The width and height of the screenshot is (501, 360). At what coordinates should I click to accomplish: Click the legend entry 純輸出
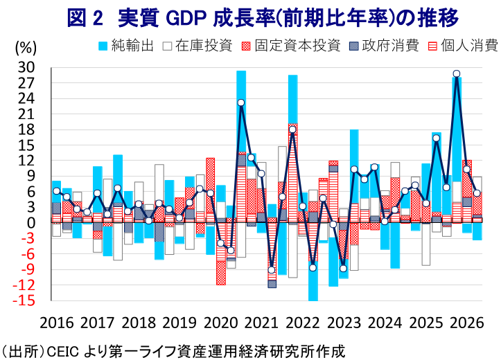(x=126, y=46)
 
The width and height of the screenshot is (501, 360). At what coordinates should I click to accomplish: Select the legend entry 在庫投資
(x=197, y=46)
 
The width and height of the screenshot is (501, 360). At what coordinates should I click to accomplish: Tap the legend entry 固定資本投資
(x=291, y=46)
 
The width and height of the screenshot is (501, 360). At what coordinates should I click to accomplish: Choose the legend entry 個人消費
(x=463, y=46)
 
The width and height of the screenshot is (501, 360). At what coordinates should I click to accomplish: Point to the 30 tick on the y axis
(x=26, y=68)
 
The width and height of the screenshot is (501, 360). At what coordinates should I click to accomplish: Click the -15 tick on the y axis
(x=24, y=300)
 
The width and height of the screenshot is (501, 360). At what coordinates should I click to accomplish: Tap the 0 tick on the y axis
(x=30, y=223)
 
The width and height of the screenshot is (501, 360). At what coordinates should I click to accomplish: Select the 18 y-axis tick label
(x=26, y=129)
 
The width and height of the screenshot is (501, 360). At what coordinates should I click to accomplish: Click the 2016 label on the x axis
(x=57, y=323)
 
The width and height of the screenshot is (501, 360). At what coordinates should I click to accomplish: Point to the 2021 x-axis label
(x=261, y=323)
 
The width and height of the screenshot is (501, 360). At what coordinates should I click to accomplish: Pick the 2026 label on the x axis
(x=466, y=323)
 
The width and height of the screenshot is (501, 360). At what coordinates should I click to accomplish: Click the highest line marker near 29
(x=457, y=73)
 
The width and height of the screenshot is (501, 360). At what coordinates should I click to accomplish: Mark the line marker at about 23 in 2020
(x=241, y=102)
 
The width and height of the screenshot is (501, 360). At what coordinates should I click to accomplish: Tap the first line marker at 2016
(x=57, y=191)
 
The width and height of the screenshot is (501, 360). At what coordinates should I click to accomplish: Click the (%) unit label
(x=26, y=48)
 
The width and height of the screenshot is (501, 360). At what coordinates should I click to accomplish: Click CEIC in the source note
(x=63, y=352)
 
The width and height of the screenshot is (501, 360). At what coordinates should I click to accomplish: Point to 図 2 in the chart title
(x=85, y=18)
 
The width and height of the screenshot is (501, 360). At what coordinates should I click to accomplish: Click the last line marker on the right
(x=477, y=193)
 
